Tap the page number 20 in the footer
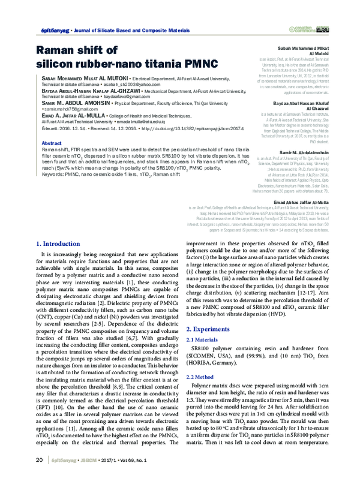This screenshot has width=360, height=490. click(x=39, y=477)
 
